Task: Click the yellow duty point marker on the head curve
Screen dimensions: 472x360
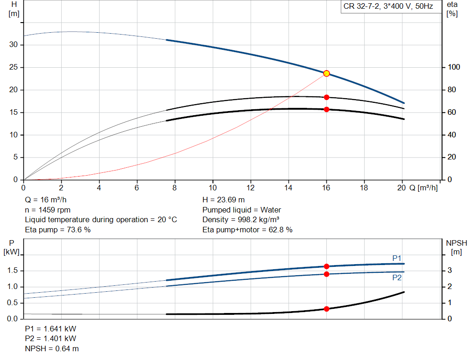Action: (x=327, y=73)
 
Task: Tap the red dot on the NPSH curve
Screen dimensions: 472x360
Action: (x=327, y=309)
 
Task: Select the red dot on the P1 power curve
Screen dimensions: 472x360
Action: (x=327, y=266)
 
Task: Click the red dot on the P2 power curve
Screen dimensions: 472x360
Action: (x=327, y=274)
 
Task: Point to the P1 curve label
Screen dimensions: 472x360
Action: (x=397, y=258)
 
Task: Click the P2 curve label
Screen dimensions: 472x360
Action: (x=397, y=277)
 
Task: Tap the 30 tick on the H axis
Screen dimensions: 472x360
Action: (x=13, y=45)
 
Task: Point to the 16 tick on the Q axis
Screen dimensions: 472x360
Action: (x=326, y=188)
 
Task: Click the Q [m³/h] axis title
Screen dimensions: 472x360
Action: (x=424, y=188)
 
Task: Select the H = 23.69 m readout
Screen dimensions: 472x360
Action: (x=224, y=200)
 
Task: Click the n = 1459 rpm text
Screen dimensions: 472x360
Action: (x=47, y=210)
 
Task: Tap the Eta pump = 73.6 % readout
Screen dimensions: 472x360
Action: (x=58, y=230)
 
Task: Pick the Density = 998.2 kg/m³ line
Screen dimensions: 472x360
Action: (x=241, y=220)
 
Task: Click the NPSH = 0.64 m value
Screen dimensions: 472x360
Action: (x=52, y=348)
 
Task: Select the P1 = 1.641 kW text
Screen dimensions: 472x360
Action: (x=51, y=329)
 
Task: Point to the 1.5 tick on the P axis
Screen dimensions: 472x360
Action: (x=12, y=271)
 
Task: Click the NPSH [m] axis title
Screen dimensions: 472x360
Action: (x=456, y=248)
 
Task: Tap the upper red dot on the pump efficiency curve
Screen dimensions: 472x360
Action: (x=327, y=97)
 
